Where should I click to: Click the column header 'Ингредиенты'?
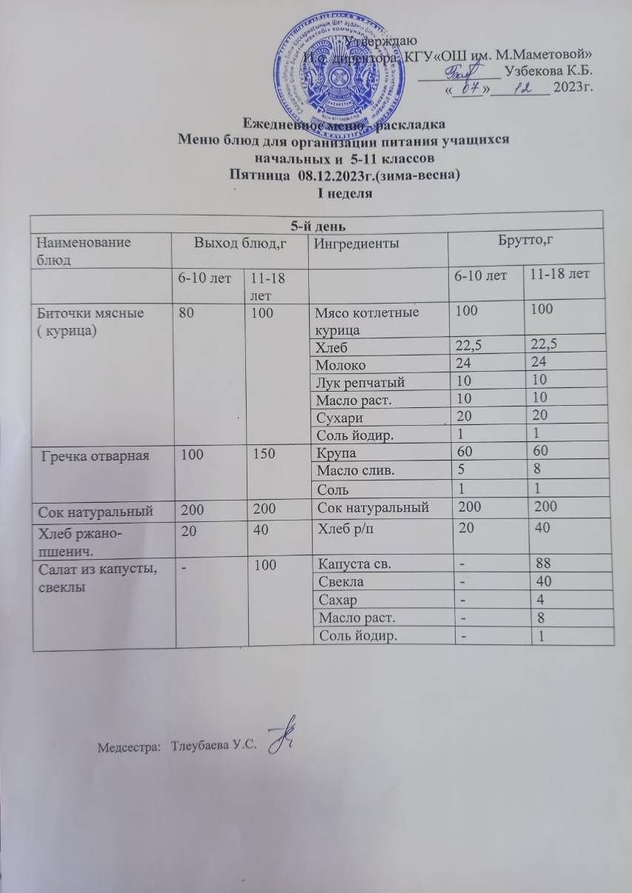(349, 243)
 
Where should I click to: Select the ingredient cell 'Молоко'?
(341, 365)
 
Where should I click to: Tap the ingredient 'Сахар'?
(336, 600)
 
